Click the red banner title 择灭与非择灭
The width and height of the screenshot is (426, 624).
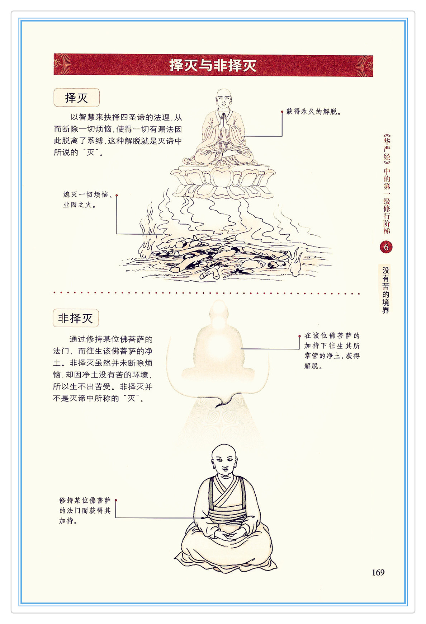[x=213, y=65]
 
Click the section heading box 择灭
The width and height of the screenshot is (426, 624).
[x=76, y=98]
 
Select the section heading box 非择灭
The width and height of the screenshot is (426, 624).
[x=76, y=318]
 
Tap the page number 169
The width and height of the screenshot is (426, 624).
[x=378, y=572]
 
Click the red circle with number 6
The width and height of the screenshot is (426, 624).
[x=386, y=247]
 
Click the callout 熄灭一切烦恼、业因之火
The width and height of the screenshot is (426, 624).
[x=88, y=200]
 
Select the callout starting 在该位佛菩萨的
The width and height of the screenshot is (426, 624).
[x=332, y=351]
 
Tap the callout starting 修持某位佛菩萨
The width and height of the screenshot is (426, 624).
[x=85, y=510]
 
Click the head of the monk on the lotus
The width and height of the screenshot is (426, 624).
[x=224, y=98]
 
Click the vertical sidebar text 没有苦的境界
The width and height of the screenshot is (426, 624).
[x=386, y=290]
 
